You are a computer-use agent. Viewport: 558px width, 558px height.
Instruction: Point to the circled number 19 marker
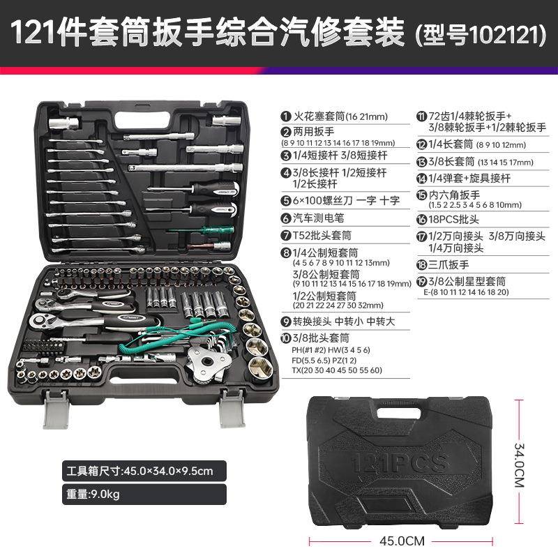(421, 281)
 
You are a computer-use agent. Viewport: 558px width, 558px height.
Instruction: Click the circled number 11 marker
(421, 116)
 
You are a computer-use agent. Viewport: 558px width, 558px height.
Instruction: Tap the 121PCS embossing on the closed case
(400, 461)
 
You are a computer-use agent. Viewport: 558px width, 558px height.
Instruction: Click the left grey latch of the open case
(56, 412)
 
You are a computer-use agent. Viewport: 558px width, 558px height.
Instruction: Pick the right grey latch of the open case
(229, 412)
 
